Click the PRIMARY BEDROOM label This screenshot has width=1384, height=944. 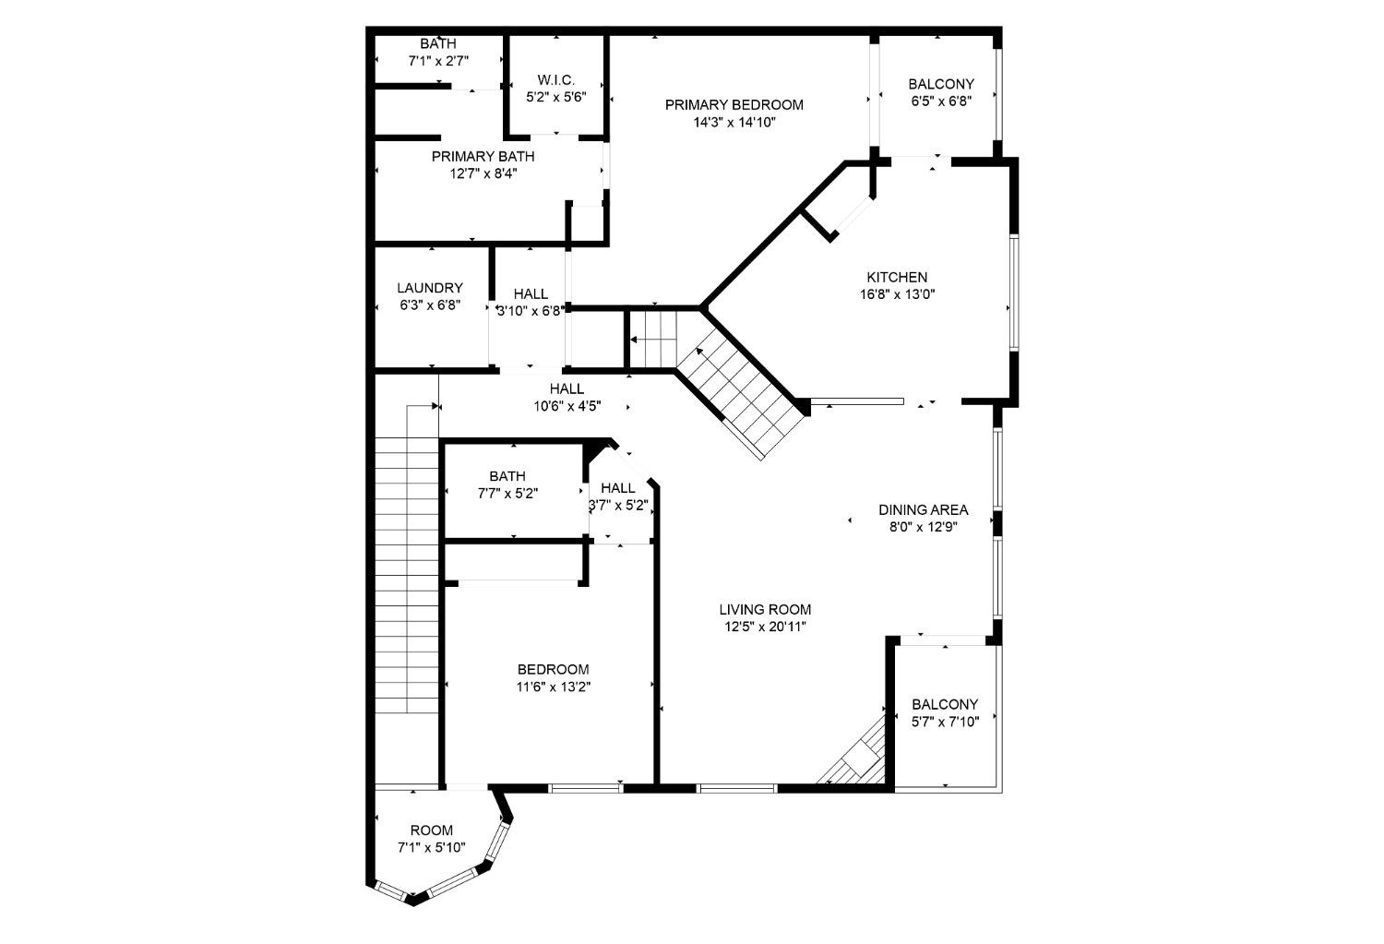click(x=734, y=105)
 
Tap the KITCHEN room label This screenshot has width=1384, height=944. click(x=897, y=278)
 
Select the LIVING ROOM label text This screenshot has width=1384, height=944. click(x=765, y=609)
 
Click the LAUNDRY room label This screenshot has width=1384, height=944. click(x=429, y=288)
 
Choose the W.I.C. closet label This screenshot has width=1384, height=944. click(x=555, y=80)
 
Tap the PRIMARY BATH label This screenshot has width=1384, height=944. click(x=483, y=157)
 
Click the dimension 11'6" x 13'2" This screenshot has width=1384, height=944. click(x=553, y=687)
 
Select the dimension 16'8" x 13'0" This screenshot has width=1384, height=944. click(x=897, y=295)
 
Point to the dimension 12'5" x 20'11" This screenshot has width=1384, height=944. click(x=765, y=627)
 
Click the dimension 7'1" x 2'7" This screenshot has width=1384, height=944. click(x=438, y=61)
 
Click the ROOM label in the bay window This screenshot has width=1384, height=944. click(x=431, y=830)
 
